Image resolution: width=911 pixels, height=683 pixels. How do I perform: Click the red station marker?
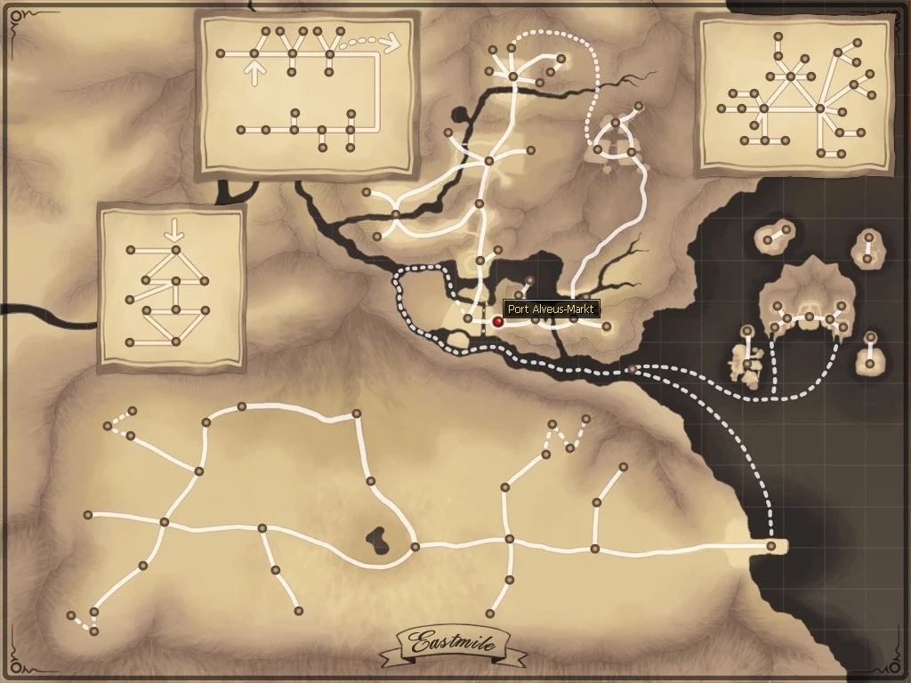tap(498, 323)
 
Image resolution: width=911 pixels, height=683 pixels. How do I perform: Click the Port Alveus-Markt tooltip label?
tap(552, 309)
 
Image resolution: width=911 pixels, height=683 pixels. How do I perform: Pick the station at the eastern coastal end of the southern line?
tap(771, 546)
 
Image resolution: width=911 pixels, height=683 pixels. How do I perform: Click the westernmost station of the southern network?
tap(71, 615)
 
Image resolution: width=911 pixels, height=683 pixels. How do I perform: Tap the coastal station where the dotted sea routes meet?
tap(632, 368)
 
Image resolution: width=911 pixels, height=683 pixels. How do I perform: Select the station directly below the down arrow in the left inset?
tap(175, 251)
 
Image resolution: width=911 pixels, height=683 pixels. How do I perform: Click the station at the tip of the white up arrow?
tap(254, 54)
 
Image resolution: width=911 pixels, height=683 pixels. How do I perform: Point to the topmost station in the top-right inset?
tap(778, 36)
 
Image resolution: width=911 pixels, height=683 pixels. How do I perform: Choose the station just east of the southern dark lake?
tap(415, 546)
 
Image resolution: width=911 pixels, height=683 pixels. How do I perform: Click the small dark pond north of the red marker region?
tap(461, 115)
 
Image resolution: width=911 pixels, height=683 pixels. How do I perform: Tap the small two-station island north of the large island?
tap(774, 236)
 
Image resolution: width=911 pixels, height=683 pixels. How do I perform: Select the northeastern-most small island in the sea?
tap(868, 247)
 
